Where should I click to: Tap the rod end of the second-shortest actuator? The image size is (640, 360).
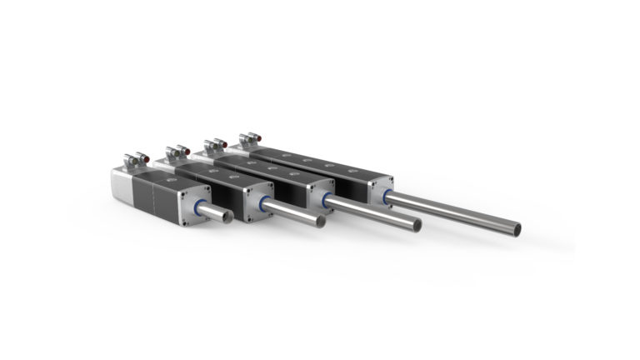320,222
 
